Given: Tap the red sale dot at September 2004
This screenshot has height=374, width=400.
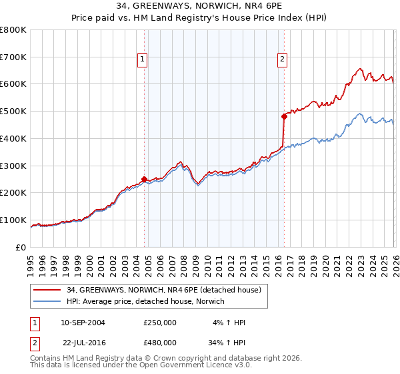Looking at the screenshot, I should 144,179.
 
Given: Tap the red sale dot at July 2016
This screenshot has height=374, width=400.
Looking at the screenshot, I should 284,116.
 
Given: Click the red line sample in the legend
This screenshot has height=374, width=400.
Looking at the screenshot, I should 48,290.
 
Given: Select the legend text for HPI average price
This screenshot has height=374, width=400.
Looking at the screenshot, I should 145,301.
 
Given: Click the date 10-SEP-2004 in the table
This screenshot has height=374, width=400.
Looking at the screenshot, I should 83,323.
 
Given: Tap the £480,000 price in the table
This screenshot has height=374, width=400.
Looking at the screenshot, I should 160,342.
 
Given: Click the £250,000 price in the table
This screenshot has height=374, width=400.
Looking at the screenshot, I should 160,323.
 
